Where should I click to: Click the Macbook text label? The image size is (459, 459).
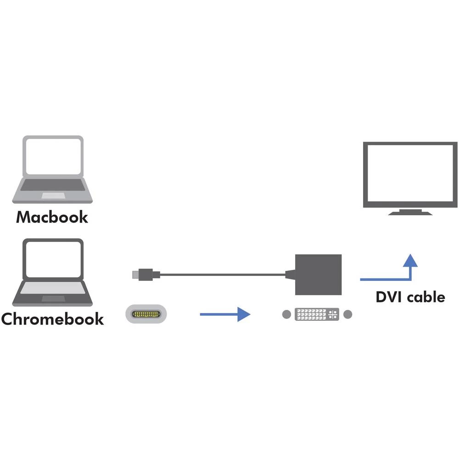[x=52, y=217]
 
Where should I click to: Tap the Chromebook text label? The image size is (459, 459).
[x=52, y=319]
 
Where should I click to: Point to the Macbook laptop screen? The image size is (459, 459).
[x=54, y=157]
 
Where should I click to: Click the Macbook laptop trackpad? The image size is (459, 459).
[x=53, y=196]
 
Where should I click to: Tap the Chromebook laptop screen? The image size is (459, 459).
[x=54, y=259]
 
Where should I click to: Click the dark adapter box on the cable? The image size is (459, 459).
[x=318, y=274]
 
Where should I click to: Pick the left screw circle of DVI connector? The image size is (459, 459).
[x=287, y=314]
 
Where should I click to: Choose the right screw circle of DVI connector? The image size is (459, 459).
[x=347, y=314]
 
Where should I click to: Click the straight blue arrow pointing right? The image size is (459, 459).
[x=224, y=314]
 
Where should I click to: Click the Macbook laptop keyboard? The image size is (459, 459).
[x=54, y=185]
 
